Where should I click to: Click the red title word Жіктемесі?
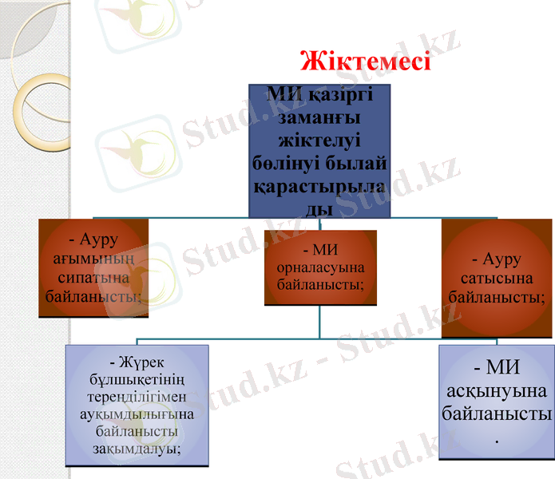tap(365, 61)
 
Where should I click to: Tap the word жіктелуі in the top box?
tap(319, 140)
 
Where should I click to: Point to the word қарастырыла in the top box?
tap(319, 188)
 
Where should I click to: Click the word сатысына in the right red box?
tap(496, 279)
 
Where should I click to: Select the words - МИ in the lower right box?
tap(497, 368)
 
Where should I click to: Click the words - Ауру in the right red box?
tap(496, 259)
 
